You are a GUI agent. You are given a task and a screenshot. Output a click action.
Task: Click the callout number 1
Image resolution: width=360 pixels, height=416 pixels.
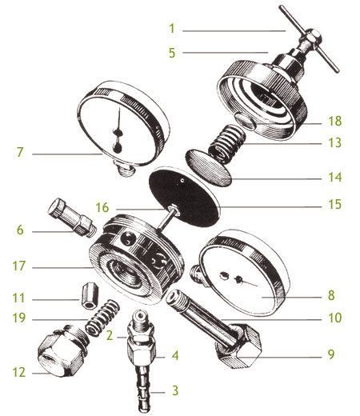(172, 29)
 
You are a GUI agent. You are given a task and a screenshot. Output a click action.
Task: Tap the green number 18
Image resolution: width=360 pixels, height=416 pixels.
(334, 121)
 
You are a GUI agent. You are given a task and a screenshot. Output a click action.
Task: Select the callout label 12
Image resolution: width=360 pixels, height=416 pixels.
(19, 372)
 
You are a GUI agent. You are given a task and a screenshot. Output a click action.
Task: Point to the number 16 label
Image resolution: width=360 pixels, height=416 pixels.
(102, 207)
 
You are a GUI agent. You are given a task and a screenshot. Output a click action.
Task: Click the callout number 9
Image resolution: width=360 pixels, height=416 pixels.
(330, 354)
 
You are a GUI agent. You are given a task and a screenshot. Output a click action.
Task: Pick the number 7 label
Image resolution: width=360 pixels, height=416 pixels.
(20, 152)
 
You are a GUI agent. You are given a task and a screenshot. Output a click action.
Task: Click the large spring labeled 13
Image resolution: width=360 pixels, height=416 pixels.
(227, 143)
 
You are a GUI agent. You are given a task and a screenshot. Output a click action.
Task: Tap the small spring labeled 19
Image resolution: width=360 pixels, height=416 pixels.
(102, 317)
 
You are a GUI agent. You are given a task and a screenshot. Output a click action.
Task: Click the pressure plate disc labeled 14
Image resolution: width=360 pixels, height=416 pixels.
(208, 167)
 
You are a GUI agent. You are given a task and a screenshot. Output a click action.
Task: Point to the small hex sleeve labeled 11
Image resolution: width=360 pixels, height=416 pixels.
(90, 296)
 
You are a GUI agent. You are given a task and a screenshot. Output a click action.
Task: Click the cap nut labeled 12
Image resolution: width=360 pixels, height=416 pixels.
(62, 350)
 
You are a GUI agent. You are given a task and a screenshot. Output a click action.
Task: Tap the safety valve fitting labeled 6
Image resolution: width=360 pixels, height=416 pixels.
(72, 217)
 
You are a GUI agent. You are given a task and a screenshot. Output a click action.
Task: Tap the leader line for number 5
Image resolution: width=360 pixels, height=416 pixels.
(226, 53)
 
